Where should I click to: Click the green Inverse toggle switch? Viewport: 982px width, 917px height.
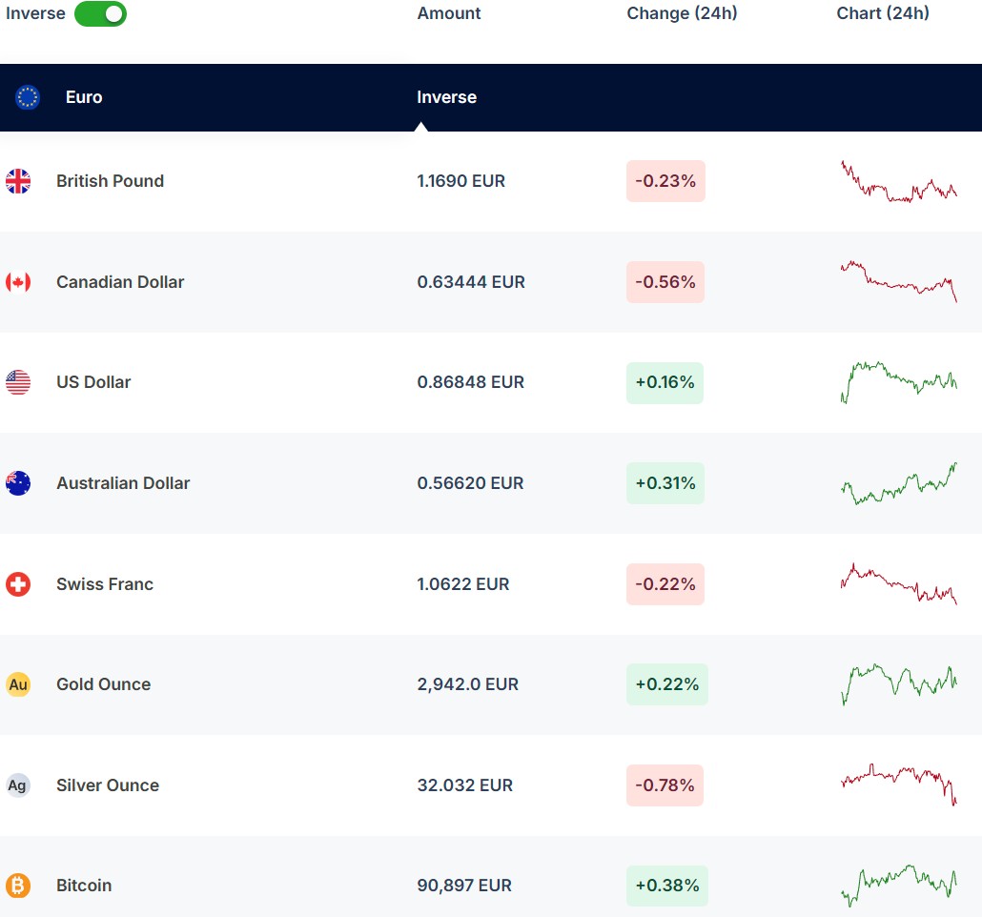click(x=100, y=14)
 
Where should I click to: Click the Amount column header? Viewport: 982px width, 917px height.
click(x=449, y=13)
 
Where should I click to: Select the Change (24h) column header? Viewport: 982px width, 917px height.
click(x=682, y=13)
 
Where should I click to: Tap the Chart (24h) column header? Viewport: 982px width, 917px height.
click(x=883, y=13)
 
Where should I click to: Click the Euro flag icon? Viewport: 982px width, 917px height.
click(x=28, y=97)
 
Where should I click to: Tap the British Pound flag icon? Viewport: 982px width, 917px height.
click(x=18, y=181)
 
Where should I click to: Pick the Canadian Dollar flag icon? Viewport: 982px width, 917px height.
click(x=18, y=282)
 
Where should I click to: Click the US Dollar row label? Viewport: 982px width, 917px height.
click(x=93, y=382)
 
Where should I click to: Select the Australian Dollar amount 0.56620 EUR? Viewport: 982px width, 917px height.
click(x=470, y=483)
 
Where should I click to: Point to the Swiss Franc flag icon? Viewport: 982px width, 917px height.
click(x=18, y=584)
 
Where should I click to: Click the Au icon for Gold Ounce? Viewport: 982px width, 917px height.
click(x=18, y=684)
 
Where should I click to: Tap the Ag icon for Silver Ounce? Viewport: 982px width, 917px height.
click(x=18, y=785)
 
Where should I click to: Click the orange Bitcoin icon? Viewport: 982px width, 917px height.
click(x=18, y=886)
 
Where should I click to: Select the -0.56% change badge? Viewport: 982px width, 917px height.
click(x=665, y=282)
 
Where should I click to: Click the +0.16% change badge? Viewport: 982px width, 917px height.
click(x=665, y=383)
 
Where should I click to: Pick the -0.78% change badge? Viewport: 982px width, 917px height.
click(x=665, y=785)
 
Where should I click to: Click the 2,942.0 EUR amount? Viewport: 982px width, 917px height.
click(x=467, y=684)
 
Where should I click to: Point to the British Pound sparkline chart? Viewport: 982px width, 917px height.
click(x=898, y=181)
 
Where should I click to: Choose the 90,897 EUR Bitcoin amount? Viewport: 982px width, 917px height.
click(x=464, y=886)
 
